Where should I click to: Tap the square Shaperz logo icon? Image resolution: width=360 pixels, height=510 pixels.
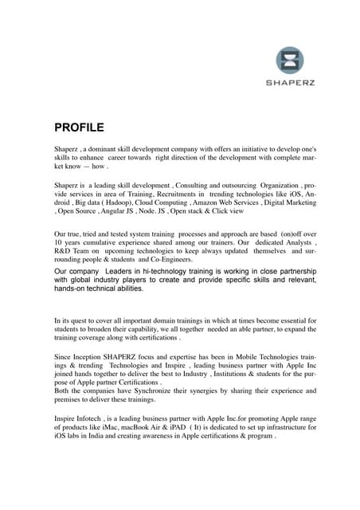tap(290, 62)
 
